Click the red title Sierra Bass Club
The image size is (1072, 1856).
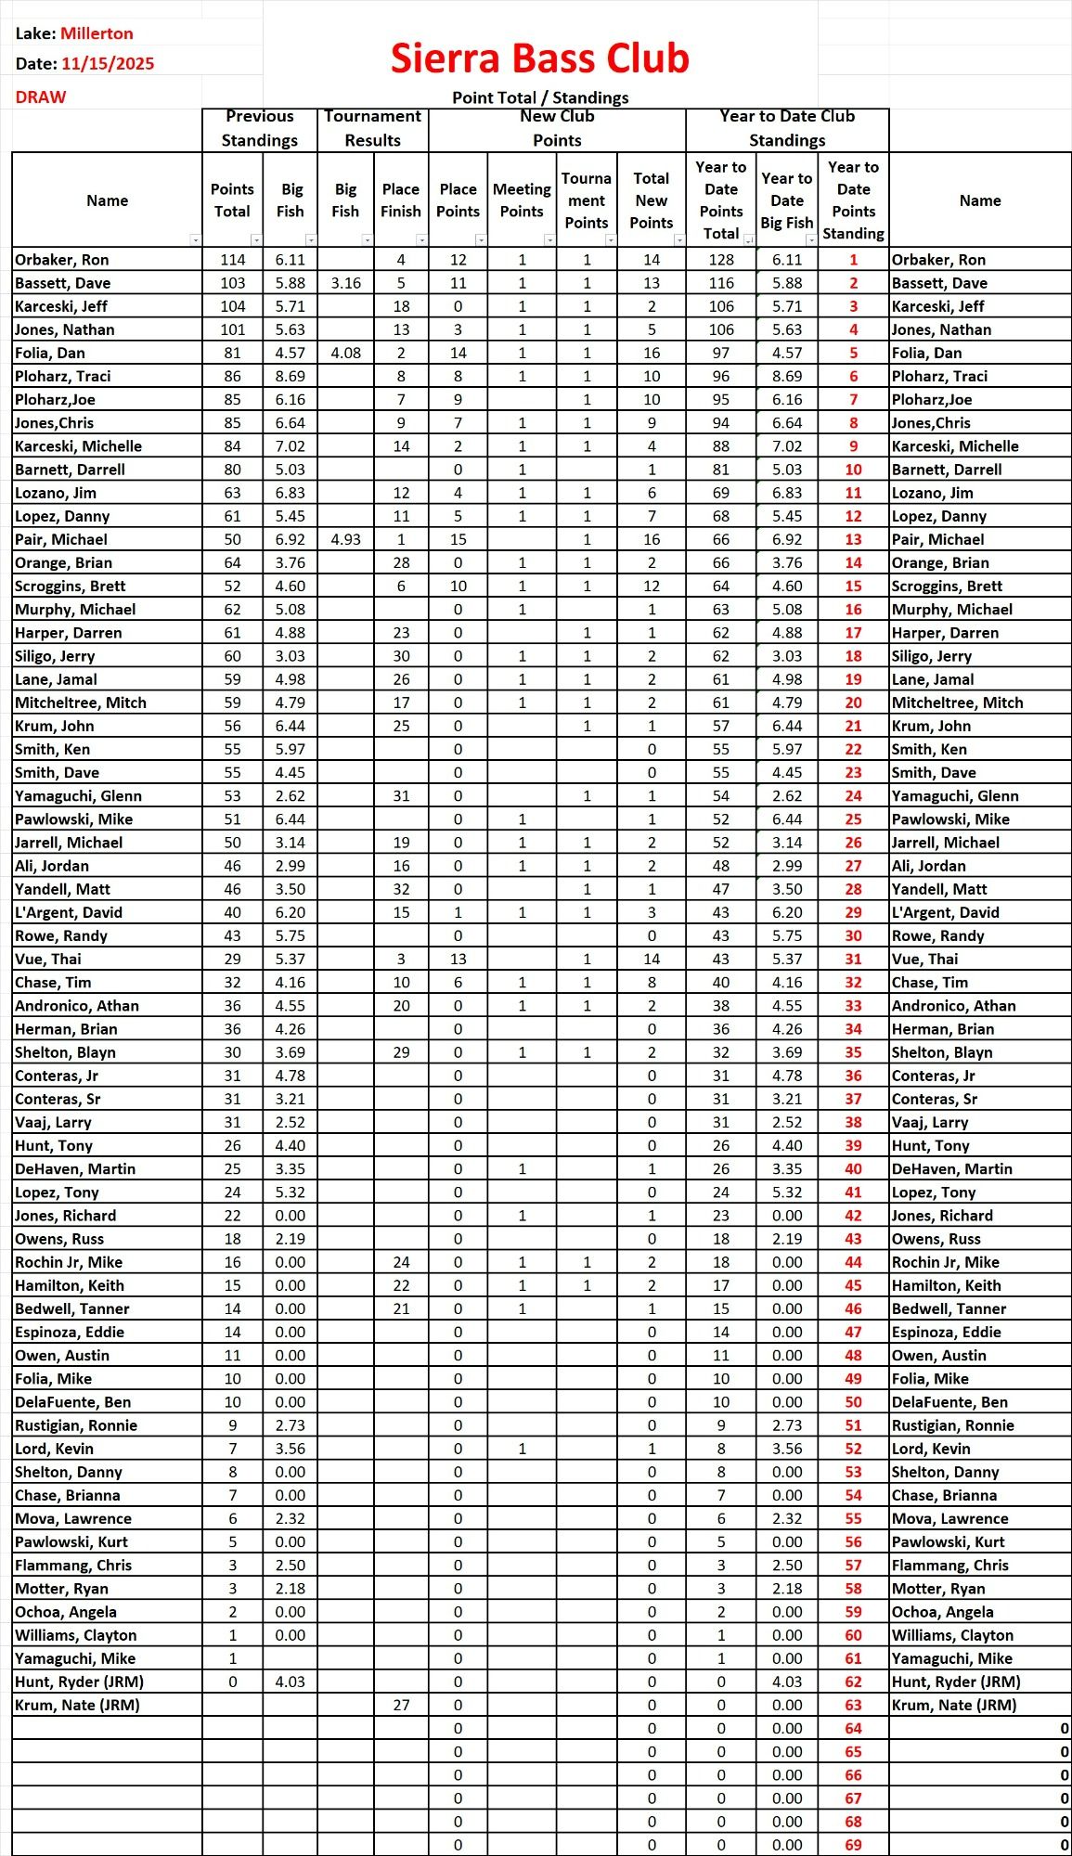539,58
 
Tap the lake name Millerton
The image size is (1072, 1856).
97,33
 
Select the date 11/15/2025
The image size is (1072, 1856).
108,64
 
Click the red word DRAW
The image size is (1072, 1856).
41,97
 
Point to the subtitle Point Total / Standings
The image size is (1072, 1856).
540,97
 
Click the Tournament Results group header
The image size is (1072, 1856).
372,128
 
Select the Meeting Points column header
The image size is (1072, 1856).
522,200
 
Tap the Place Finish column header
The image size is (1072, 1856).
401,200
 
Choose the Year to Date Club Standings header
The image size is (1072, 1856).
787,128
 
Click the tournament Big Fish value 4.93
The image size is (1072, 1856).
345,539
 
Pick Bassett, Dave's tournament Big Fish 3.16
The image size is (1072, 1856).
345,283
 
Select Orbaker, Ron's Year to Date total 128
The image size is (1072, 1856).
721,260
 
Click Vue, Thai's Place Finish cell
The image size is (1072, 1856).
401,959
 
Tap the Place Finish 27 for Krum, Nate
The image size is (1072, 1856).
401,1705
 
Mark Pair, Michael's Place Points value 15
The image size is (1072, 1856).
459,539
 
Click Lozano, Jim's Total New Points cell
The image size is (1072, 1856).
652,493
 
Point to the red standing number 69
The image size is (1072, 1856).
853,1845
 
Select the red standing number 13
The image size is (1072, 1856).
853,539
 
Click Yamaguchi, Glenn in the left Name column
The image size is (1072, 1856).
79,795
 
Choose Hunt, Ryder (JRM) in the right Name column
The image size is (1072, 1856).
956,1682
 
